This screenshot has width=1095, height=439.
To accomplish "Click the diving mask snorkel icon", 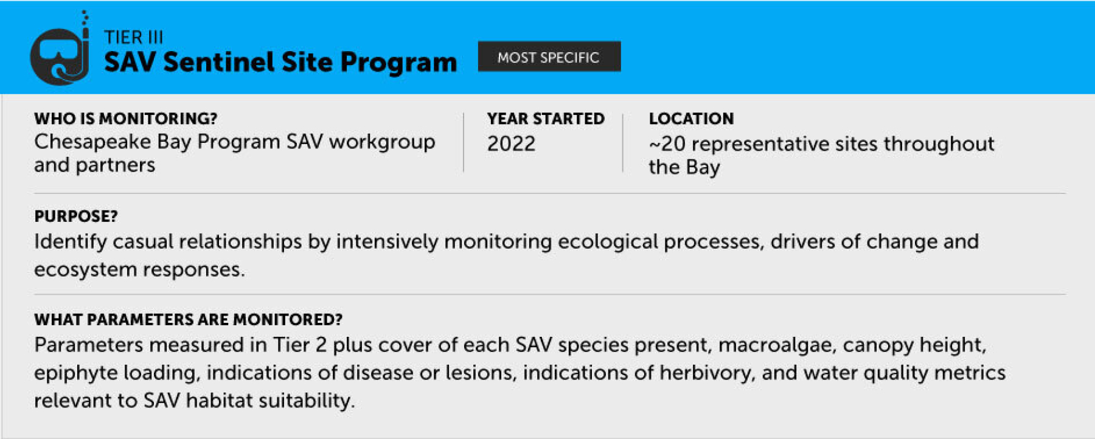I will pyautogui.click(x=60, y=54).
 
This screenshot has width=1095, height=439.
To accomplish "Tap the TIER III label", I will pyautogui.click(x=133, y=37).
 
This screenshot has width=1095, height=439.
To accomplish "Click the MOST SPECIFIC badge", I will pyautogui.click(x=549, y=57).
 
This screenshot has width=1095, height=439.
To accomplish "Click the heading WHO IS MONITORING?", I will pyautogui.click(x=125, y=119).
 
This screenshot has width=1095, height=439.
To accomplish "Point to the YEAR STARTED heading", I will pyautogui.click(x=546, y=119).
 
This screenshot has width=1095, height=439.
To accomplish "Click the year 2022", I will pyautogui.click(x=511, y=143).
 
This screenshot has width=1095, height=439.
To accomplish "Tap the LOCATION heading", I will pyautogui.click(x=691, y=119).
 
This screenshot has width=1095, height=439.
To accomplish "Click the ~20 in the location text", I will pyautogui.click(x=667, y=144).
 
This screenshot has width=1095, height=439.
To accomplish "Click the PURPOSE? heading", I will pyautogui.click(x=76, y=216).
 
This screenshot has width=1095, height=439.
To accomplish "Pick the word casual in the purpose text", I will pyautogui.click(x=142, y=241).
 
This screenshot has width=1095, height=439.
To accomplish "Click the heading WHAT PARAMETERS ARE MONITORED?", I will pyautogui.click(x=188, y=320).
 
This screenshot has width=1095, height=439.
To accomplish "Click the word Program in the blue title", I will pyautogui.click(x=398, y=62).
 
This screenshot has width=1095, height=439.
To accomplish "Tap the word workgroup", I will pyautogui.click(x=382, y=142).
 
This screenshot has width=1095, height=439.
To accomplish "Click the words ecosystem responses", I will pyautogui.click(x=139, y=269).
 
